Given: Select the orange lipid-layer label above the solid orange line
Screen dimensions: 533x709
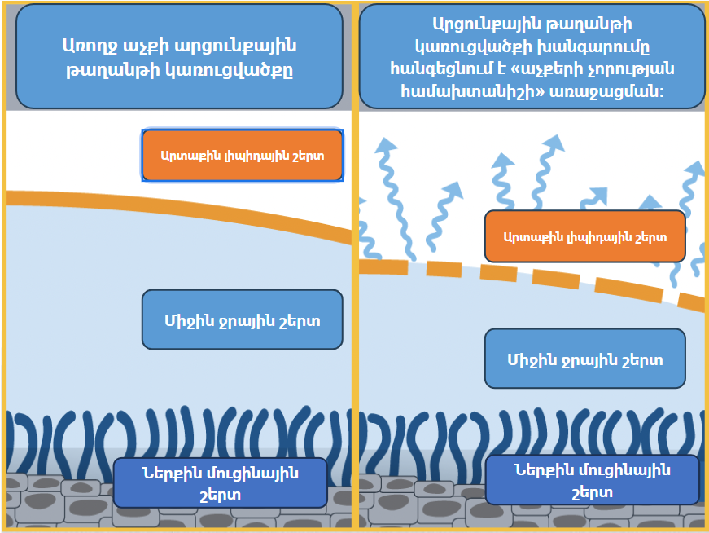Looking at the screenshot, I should point(243,155).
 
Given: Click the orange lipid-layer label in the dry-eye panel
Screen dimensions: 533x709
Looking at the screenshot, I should point(584,237).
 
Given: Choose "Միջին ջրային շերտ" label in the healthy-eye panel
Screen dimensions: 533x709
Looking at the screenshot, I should point(242,320).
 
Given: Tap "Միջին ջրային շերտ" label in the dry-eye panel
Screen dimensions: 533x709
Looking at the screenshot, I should point(584,359).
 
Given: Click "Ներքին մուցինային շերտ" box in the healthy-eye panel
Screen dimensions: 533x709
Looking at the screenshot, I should point(220,482).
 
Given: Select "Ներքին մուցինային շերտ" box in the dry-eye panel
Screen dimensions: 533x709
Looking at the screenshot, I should point(592,480).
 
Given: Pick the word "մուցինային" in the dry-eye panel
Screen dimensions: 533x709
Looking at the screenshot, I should point(619,469).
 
